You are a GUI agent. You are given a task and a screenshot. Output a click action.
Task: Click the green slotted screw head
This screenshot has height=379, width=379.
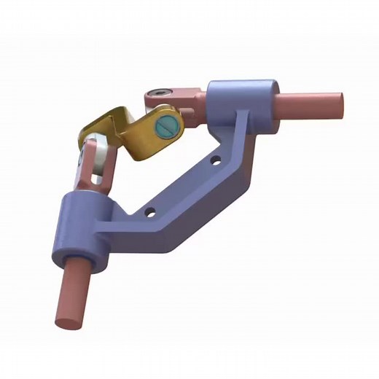[x=168, y=126]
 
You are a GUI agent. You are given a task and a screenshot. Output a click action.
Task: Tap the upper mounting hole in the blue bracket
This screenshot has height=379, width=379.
[x=216, y=158]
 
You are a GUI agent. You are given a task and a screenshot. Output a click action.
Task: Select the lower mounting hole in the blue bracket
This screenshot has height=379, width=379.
[x=149, y=213]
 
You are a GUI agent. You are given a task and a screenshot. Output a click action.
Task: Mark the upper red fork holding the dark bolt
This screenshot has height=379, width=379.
[x=175, y=97]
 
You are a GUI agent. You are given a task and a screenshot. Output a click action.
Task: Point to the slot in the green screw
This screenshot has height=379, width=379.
[x=168, y=126]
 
